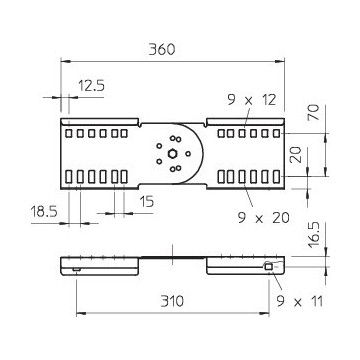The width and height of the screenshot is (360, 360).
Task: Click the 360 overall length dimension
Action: [162, 50]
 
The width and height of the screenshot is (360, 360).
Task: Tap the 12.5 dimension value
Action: [92, 86]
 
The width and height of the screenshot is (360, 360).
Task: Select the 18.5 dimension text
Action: [44, 211]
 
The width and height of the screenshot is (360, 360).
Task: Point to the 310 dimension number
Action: [172, 301]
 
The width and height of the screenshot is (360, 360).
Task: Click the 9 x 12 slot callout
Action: [252, 100]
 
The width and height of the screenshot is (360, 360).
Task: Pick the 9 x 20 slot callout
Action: [263, 218]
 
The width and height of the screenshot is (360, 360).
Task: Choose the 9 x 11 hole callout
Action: [300, 302]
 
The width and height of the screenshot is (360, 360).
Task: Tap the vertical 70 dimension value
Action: [314, 113]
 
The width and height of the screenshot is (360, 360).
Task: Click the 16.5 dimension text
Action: [314, 235]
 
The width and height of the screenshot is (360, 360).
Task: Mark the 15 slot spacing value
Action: [147, 201]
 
